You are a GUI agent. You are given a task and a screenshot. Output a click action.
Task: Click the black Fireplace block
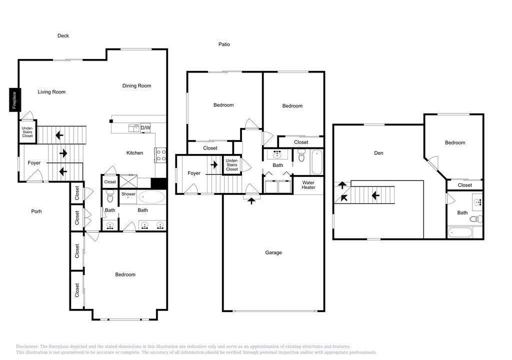tap(14, 100)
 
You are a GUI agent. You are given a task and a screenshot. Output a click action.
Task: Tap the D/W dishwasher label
tap(145, 127)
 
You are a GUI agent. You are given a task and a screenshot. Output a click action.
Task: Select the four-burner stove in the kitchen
tap(160, 155)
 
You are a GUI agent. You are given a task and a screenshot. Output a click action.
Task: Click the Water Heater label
tap(308, 185)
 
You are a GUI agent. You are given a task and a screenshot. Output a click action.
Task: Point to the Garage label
tap(273, 252)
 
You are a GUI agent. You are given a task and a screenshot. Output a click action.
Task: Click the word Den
tap(378, 153)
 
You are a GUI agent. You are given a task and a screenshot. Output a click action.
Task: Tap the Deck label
tap(63, 35)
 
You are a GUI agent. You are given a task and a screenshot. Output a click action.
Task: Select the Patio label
tap(224, 44)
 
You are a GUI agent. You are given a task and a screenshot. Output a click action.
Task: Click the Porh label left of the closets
tap(36, 211)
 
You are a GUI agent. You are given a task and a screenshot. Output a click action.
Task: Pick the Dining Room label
tap(136, 86)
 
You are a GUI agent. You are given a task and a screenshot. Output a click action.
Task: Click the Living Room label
tap(51, 92)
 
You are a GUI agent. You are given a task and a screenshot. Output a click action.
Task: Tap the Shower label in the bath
tap(128, 194)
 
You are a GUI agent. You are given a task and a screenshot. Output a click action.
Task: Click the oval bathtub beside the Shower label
tap(151, 197)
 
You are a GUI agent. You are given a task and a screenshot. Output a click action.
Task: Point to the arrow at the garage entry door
tap(251, 200)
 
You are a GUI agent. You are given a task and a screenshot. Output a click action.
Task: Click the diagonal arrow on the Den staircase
tap(343, 197)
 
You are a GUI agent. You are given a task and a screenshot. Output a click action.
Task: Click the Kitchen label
tap(134, 153)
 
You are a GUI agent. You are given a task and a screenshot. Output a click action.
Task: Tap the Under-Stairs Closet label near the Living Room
tap(27, 132)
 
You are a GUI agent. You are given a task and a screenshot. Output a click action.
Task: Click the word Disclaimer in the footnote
tap(27, 346)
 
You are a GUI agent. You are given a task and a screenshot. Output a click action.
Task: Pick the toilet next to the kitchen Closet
tap(109, 196)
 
